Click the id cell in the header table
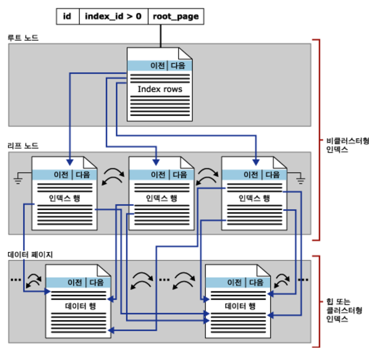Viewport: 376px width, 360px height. (x=67, y=16)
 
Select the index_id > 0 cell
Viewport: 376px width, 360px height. (x=113, y=16)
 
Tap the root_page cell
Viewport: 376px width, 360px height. (x=176, y=16)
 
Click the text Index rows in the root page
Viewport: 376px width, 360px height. (x=160, y=89)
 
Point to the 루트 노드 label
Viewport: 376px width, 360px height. (x=23, y=38)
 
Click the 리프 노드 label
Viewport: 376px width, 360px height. (x=23, y=146)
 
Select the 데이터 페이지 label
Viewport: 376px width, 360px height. (x=30, y=255)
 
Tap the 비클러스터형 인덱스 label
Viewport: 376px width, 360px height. (x=347, y=145)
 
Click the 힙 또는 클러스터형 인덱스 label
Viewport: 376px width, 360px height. (x=344, y=310)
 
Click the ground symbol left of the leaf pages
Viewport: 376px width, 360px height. (x=18, y=179)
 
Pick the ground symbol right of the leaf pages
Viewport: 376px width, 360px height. (x=300, y=179)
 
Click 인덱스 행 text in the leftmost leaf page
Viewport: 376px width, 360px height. (x=64, y=198)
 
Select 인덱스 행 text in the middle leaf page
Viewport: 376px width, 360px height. (x=162, y=198)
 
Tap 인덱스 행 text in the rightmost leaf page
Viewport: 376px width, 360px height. (x=254, y=198)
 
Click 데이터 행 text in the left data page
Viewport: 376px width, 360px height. (x=80, y=306)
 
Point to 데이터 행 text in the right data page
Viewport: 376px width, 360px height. (x=240, y=306)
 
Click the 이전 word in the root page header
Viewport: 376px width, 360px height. (x=157, y=66)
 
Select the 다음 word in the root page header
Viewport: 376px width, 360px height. (x=178, y=66)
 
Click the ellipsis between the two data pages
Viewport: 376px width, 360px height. (x=164, y=280)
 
